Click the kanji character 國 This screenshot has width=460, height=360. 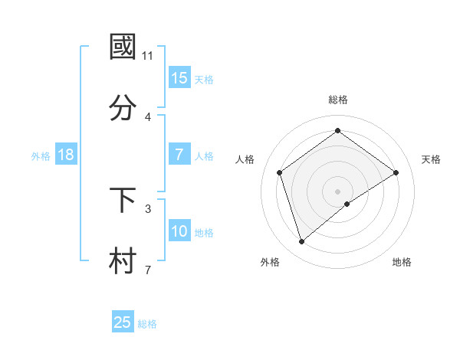[x=123, y=47]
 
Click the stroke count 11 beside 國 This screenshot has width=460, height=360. [x=148, y=55]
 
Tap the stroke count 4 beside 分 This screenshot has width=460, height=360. [x=148, y=116]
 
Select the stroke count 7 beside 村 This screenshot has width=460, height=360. [x=148, y=270]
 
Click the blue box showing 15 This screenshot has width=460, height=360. [x=179, y=78]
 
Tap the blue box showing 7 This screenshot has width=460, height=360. [x=179, y=155]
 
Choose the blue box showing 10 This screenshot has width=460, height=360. [x=179, y=231]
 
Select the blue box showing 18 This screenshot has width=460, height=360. [x=66, y=155]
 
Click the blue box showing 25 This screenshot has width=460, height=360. [x=123, y=322]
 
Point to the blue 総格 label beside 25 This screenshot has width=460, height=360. [x=148, y=324]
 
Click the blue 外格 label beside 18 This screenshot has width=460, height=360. [x=41, y=156]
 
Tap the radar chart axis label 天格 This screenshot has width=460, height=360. [x=431, y=159]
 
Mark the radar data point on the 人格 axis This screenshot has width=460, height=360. [x=280, y=172]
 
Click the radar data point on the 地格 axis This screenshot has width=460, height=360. [x=347, y=204]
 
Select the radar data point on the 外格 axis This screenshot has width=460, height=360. [x=301, y=242]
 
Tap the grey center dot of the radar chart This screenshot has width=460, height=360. [x=337, y=191]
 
